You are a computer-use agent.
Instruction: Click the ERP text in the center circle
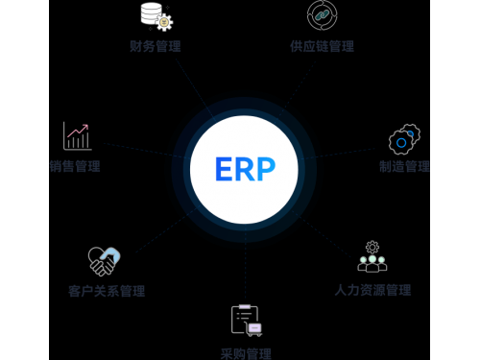245,170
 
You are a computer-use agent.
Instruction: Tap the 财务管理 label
156,45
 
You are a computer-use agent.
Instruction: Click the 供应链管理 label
322,45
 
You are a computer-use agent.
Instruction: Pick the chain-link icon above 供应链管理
322,15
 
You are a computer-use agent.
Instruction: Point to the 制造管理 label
404,166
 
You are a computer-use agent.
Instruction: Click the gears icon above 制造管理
404,140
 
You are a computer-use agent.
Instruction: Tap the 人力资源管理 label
372,289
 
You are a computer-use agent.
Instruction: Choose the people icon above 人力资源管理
372,257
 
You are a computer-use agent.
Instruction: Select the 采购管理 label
245,353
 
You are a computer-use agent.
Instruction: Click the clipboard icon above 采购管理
245,320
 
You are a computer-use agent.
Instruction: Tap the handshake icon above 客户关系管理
104,260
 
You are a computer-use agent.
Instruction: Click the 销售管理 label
75,166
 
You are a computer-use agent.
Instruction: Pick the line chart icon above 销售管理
77,135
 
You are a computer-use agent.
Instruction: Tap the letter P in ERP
265,170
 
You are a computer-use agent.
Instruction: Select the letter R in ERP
244,170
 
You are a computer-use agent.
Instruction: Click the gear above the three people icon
372,247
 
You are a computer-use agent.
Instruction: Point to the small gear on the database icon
164,21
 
